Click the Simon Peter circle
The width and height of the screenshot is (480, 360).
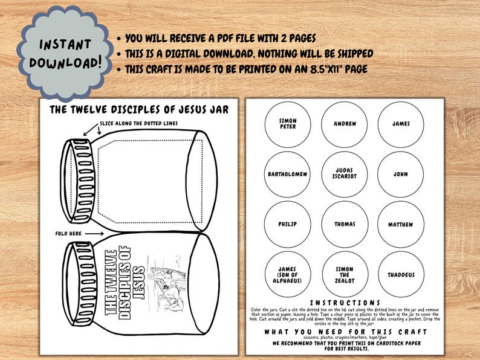pos(288,124)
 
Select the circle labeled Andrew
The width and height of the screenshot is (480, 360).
pos(345,124)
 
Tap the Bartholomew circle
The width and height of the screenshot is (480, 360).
pos(288,175)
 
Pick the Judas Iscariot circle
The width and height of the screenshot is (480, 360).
pos(345,175)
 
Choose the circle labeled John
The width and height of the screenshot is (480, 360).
pos(400,175)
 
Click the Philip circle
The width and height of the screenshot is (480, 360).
pos(288,225)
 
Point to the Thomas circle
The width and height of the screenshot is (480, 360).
pos(345,225)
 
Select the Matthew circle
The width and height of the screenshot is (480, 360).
pos(400,225)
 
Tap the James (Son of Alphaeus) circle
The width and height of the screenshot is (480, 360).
pos(288,275)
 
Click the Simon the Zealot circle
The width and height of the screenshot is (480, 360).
pos(345,275)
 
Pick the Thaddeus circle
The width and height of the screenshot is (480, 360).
pos(400,275)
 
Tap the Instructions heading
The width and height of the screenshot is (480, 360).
pos(345,303)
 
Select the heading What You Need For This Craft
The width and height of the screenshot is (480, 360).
pos(345,332)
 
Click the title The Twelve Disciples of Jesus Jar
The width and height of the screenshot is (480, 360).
pos(139,109)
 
